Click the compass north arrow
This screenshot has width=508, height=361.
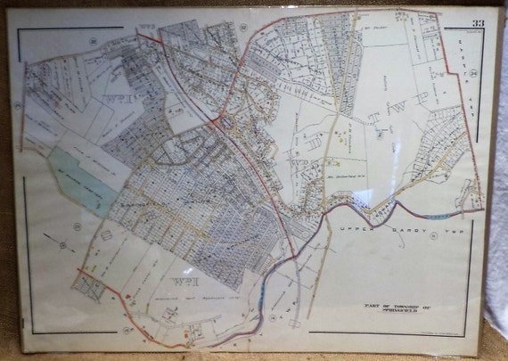61,245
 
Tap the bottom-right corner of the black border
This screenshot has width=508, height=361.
471,335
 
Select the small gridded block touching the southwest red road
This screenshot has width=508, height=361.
90,285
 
